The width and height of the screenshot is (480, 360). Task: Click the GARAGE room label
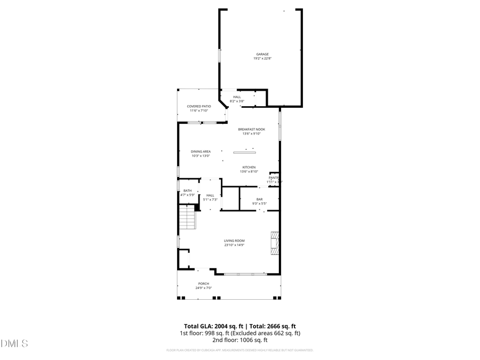point(262,54)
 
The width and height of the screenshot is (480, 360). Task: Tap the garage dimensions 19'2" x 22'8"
point(262,59)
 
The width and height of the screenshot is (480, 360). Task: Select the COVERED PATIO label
point(199,106)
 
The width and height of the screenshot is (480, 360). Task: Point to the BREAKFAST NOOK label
point(251,129)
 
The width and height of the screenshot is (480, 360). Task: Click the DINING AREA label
point(201,151)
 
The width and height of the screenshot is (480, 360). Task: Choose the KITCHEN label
point(249,167)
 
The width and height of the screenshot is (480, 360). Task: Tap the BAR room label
point(260,199)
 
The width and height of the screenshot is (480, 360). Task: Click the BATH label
point(188,190)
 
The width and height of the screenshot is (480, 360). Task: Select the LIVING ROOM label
point(234,241)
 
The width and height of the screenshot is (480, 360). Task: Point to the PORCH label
point(204,283)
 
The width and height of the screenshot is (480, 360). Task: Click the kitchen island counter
point(248,154)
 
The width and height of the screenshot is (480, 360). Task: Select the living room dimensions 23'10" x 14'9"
point(234,245)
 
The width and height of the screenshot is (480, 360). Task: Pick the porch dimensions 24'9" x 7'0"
point(204,288)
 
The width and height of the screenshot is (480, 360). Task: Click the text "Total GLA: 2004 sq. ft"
point(209,326)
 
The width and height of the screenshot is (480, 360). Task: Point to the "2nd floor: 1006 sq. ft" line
point(239,340)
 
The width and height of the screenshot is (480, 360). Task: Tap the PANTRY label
point(274,178)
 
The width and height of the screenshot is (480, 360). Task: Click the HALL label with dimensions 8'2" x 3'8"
point(237,97)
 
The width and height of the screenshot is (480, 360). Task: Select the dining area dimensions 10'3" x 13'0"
point(201,156)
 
